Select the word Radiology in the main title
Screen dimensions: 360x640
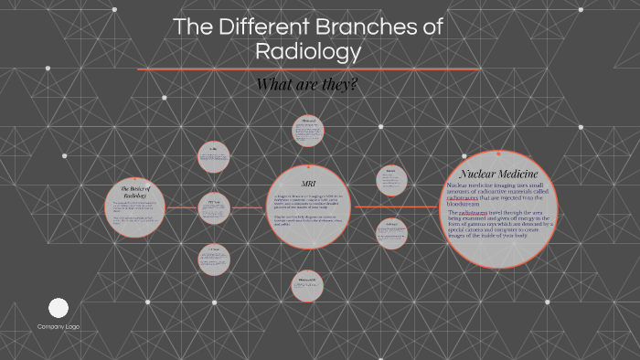pos(308,52)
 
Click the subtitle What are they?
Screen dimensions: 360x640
pos(307,84)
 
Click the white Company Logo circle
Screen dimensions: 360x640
pos(59,308)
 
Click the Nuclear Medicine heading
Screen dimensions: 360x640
pos(498,174)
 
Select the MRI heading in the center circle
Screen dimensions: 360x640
pos(308,183)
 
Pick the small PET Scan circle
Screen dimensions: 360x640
pos(214,209)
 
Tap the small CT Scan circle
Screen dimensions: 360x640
pos(214,258)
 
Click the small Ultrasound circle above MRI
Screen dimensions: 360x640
pos(308,131)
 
